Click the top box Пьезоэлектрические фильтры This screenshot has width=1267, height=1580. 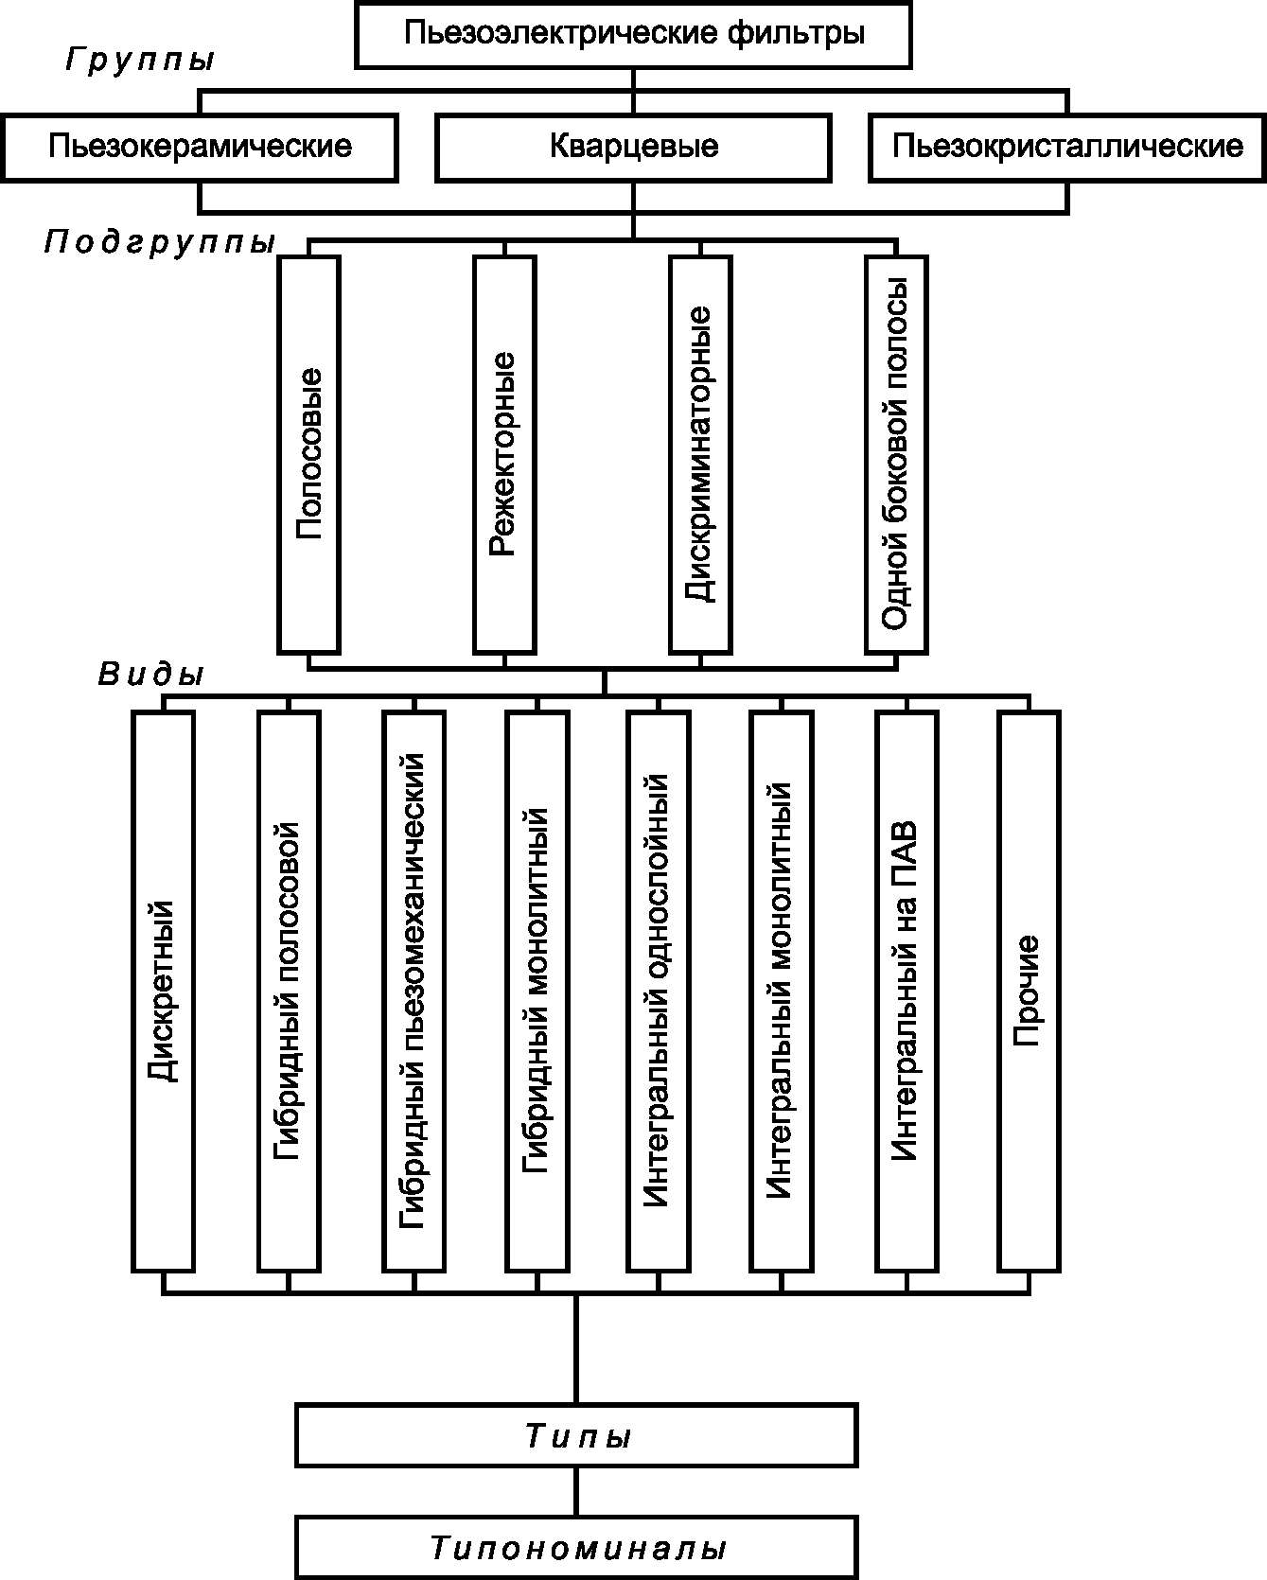pos(633,34)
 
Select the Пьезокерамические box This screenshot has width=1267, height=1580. pos(200,147)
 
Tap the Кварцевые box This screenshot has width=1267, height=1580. pos(633,147)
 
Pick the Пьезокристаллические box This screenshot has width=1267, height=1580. pos(1067,147)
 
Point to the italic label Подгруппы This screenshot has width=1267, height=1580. pos(159,243)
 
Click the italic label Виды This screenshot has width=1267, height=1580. pos(151,675)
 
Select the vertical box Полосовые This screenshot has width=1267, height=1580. pos(309,454)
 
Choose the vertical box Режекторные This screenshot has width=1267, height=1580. pos(504,454)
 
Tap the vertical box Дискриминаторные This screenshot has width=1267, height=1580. pos(700,454)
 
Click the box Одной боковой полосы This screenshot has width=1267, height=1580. pos(895,454)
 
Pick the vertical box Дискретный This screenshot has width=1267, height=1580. pos(164,991)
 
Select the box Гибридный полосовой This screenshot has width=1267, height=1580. pos(288,991)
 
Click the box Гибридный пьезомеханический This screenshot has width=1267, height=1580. pos(414,991)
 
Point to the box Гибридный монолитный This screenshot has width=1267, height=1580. pos(537,991)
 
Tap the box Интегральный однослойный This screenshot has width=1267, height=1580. pos(658,991)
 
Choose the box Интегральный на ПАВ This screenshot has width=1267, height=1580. pos(906,991)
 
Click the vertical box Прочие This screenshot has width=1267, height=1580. pos(1028,991)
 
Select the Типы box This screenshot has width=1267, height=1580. pos(575,1436)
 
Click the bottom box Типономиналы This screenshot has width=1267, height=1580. pos(575,1549)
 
